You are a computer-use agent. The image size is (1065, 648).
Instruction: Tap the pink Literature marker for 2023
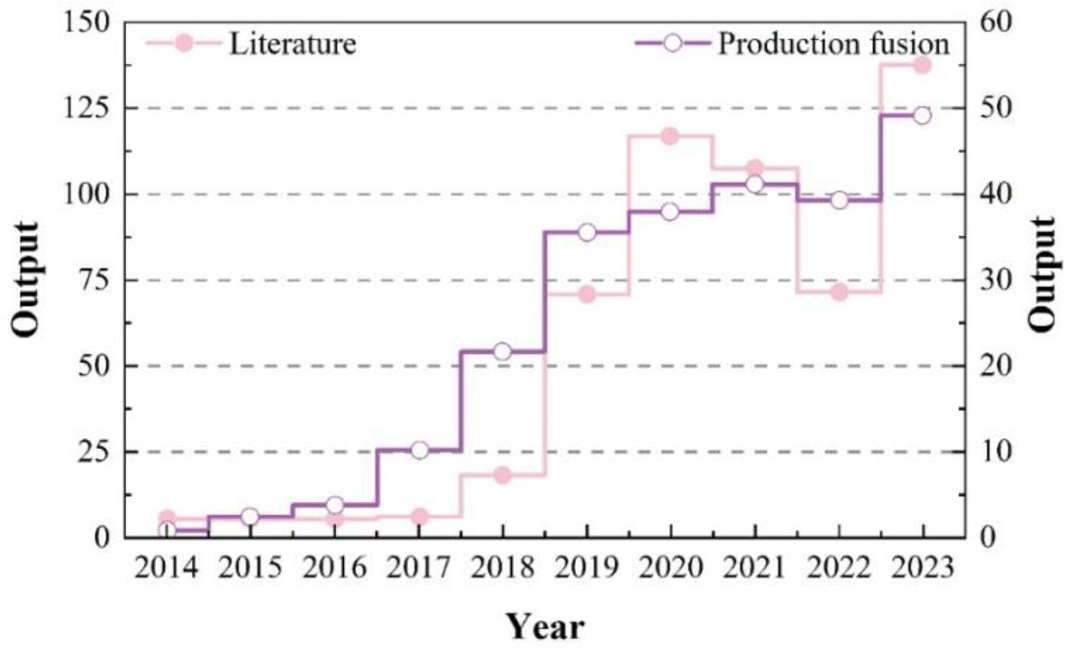point(922,65)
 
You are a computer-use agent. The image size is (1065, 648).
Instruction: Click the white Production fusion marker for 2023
point(922,115)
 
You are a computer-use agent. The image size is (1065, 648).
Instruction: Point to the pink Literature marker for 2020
point(669,136)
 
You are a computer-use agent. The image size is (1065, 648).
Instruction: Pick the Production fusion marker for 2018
point(502,351)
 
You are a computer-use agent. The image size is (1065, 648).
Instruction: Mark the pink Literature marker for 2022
point(839,292)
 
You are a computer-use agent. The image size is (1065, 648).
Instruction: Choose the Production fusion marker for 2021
point(755,184)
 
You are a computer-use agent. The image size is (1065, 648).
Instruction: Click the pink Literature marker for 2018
point(502,475)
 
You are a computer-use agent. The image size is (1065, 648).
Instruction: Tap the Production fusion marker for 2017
point(419,450)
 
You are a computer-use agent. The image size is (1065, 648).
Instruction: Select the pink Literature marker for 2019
point(587,294)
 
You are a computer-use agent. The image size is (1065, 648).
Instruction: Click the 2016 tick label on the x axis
point(334,570)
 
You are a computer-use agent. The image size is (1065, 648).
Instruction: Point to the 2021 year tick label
point(755,570)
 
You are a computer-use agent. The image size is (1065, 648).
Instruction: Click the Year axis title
point(544,625)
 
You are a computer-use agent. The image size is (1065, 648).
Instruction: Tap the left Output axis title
point(26,279)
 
